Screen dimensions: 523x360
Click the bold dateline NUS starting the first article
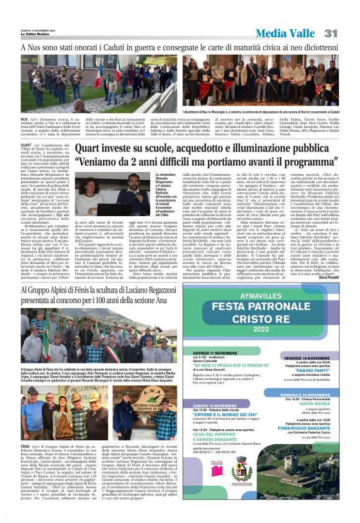pyautogui.click(x=24, y=118)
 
